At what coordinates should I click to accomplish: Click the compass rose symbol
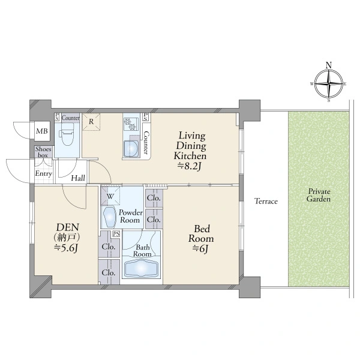[x=329, y=84]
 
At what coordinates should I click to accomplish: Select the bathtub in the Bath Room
[x=141, y=268]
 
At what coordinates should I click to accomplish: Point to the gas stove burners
[x=130, y=124]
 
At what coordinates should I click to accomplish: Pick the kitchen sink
[x=131, y=149]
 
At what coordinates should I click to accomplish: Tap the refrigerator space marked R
[x=91, y=122]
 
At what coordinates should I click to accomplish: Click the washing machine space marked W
[x=110, y=196]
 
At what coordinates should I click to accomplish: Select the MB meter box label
[x=42, y=131]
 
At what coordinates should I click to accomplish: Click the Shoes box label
[x=43, y=152]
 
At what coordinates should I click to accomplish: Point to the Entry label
[x=43, y=173]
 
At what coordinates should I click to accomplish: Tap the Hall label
[x=78, y=178]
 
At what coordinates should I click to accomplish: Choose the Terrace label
[x=266, y=202]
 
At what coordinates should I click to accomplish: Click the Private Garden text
[x=319, y=195]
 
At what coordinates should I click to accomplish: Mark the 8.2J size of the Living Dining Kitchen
[x=190, y=166]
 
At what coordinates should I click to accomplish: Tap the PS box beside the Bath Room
[x=116, y=234]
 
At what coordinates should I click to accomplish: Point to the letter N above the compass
[x=329, y=65]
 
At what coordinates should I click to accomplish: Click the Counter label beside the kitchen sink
[x=146, y=142]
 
